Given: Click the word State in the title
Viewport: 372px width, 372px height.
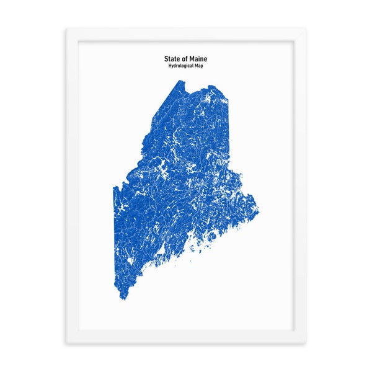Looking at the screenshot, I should coord(171,59).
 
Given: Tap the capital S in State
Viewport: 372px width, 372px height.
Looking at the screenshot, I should coord(166,59).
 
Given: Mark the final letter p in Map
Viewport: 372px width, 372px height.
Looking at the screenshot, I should coord(205,66).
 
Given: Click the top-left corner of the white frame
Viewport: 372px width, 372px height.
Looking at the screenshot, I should coord(67,29).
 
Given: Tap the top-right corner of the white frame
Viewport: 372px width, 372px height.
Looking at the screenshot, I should coord(306,29).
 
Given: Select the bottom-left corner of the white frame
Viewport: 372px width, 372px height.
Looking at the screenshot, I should coord(67,343).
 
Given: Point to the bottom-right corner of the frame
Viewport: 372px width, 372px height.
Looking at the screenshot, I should coord(306,343).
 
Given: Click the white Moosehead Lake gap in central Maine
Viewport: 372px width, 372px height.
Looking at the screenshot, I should coord(164,170).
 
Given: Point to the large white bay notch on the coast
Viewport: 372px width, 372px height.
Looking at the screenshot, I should coord(160,251).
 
